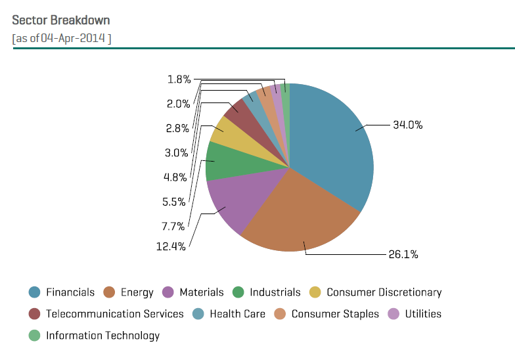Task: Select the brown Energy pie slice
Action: click(296, 220)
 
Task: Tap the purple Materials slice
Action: click(227, 204)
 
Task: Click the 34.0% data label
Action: click(407, 124)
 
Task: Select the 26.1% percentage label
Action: click(403, 254)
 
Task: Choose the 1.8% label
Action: click(179, 79)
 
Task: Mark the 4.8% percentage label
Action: click(175, 177)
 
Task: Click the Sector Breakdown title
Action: click(61, 20)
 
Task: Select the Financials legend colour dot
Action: click(34, 292)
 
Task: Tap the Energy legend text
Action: click(137, 292)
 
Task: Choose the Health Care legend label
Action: click(237, 314)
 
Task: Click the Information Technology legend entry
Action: click(102, 336)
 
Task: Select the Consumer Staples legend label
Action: click(335, 314)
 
